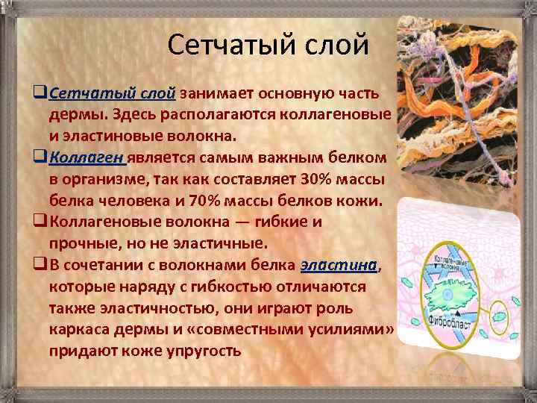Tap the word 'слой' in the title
pyautogui.click(x=334, y=45)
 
